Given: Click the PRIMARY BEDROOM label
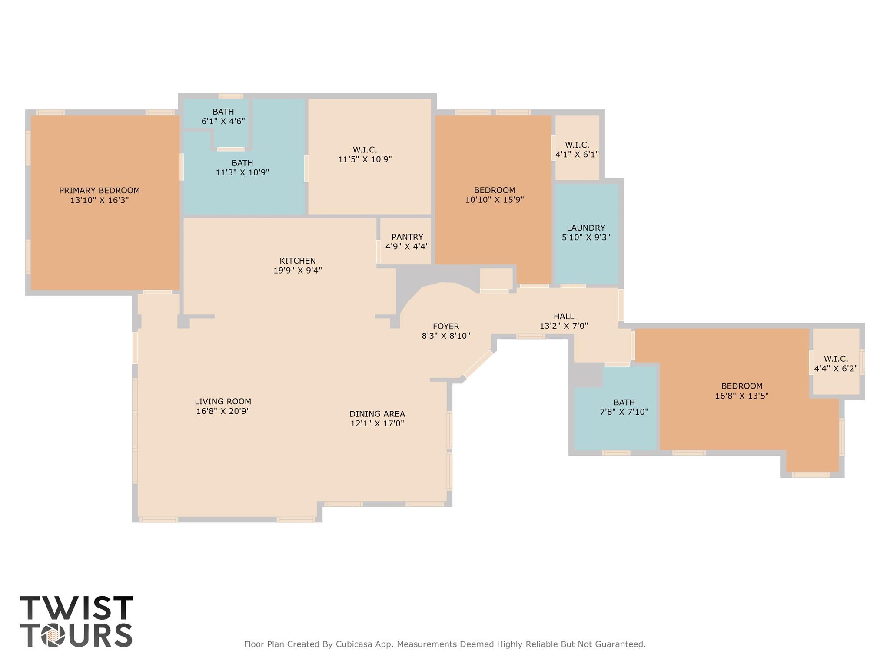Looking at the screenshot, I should [x=100, y=190].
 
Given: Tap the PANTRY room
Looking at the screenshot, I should [x=407, y=241].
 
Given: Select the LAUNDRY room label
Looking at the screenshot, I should [x=586, y=228].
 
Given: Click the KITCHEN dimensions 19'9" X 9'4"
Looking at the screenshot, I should [x=298, y=271].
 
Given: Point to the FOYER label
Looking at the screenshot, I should [x=446, y=326].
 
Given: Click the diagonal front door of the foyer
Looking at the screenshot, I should [x=478, y=364].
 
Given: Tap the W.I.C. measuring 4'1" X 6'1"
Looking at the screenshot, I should [x=577, y=149].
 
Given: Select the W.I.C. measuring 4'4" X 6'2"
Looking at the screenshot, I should [x=836, y=364].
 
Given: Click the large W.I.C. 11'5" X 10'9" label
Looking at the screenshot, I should [x=365, y=155].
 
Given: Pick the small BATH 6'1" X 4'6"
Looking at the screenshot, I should [x=223, y=116].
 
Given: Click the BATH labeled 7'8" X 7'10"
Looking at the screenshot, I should [x=624, y=407].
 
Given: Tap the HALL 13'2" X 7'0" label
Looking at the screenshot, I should [x=564, y=321].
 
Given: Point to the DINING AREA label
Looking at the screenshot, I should [x=377, y=414].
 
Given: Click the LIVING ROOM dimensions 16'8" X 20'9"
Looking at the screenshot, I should [x=223, y=411].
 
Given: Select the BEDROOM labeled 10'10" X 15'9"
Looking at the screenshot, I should [x=495, y=195].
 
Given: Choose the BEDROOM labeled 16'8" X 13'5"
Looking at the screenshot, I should [x=742, y=391].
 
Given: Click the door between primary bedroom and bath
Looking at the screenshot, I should [x=182, y=167].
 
